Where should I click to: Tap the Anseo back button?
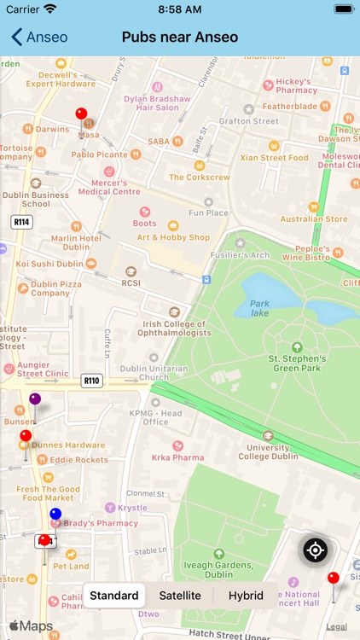click(39, 37)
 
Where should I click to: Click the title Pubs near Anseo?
click(180, 37)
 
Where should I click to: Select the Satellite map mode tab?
click(180, 596)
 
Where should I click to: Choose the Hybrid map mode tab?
click(245, 596)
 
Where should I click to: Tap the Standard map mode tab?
click(114, 596)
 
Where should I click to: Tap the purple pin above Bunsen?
click(35, 399)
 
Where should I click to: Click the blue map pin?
click(55, 515)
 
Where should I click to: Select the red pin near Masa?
click(81, 114)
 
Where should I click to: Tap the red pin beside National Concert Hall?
click(333, 579)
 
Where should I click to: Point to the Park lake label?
click(259, 308)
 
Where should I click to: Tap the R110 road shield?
click(92, 381)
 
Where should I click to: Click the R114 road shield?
click(22, 222)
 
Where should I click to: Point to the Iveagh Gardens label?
click(218, 569)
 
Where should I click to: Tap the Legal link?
click(336, 626)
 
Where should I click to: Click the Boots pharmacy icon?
click(145, 212)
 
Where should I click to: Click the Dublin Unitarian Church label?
click(154, 372)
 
